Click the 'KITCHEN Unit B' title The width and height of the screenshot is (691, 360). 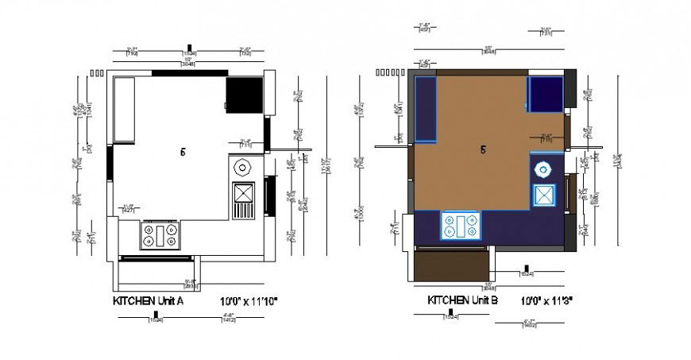point(463,300)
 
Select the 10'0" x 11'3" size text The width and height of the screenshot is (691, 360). point(548,301)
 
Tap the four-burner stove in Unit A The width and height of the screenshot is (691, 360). point(160,234)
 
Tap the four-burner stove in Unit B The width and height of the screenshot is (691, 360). point(461,226)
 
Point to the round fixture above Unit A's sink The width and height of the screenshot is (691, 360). point(242,168)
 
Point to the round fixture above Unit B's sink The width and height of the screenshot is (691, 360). point(544,168)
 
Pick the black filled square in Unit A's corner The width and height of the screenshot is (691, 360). point(239,95)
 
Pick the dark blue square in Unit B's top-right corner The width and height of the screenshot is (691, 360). point(546,95)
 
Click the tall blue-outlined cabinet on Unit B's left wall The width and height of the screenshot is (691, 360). point(426,109)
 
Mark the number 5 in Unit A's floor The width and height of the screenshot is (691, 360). point(183,152)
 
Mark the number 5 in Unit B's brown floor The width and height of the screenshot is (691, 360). point(483,149)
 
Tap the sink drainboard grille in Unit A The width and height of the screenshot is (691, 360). point(242,211)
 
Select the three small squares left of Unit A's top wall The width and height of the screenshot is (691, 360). point(98,73)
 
